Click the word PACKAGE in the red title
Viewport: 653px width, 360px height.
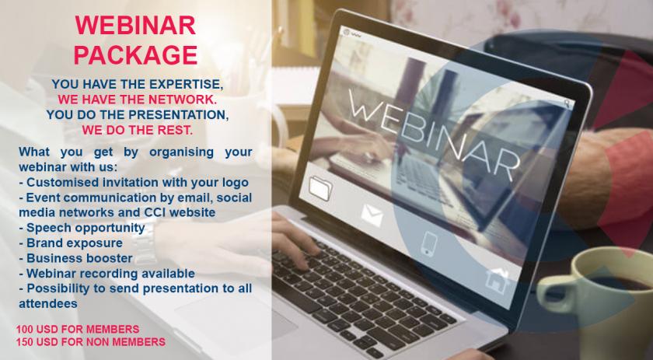[135, 55]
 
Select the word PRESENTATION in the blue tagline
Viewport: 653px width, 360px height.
[180, 114]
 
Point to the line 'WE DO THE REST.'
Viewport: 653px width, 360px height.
[137, 130]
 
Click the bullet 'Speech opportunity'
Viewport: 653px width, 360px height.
[82, 228]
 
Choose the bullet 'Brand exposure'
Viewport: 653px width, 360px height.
[71, 243]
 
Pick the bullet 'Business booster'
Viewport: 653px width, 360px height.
[76, 258]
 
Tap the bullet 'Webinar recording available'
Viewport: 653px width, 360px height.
[107, 274]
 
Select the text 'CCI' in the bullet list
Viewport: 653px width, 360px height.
[155, 212]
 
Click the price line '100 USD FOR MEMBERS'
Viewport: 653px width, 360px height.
[78, 329]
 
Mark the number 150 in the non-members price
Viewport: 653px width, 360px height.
[24, 342]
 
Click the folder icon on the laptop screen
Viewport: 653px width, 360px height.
[320, 188]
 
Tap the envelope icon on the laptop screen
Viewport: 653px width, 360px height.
[372, 215]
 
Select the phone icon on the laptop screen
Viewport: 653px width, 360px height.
[429, 244]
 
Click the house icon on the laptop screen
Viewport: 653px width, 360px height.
[497, 281]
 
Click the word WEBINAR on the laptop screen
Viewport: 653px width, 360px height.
[434, 135]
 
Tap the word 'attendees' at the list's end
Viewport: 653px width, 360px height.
[48, 304]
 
